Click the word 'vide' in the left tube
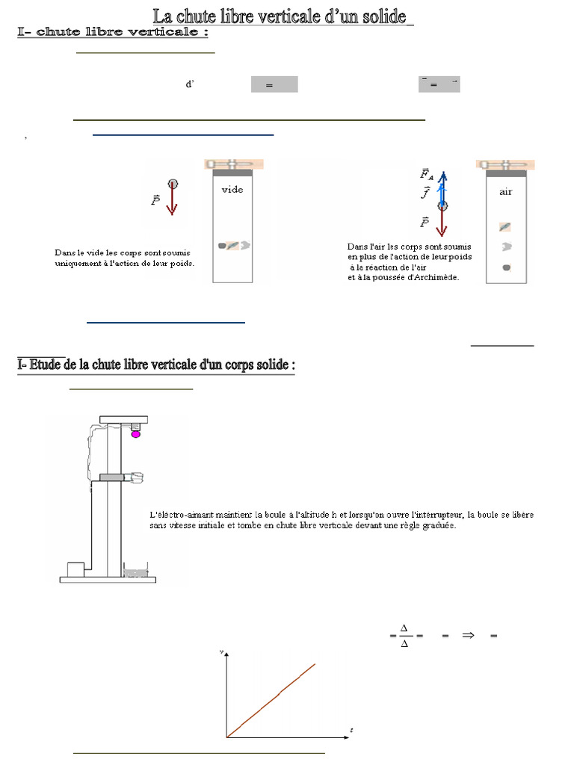point(232,190)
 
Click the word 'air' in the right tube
point(506,192)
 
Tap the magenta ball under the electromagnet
point(136,434)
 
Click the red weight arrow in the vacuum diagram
point(173,202)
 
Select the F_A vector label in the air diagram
point(426,174)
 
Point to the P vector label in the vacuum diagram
point(155,200)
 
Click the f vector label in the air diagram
point(425,193)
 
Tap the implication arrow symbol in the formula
point(469,636)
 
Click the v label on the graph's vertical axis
point(221,652)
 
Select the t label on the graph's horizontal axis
point(351,729)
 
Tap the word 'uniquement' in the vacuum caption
point(76,264)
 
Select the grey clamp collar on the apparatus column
point(112,477)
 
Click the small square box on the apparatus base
point(76,570)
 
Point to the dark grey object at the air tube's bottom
point(506,267)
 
